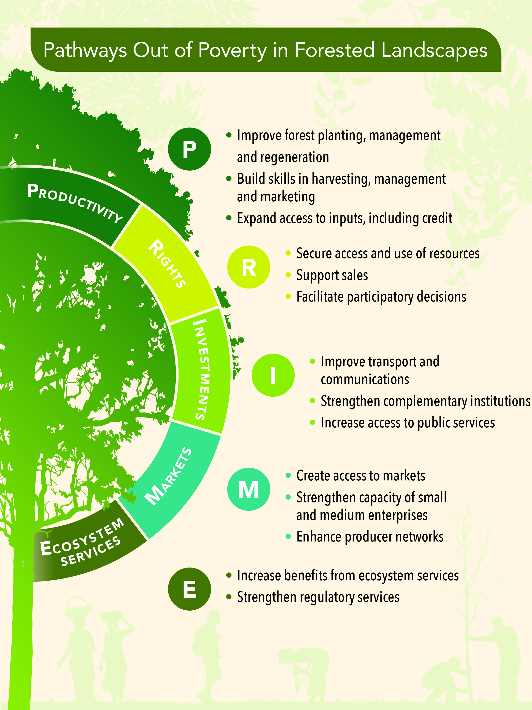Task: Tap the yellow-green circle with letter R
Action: [x=249, y=267]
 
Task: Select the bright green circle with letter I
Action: [x=273, y=375]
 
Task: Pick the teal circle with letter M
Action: [x=249, y=489]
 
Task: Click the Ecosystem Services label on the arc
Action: [x=82, y=542]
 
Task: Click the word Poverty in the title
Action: [x=232, y=50]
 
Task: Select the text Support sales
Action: [x=332, y=275]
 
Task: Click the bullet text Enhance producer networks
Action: [x=370, y=537]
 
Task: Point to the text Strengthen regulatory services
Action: [x=318, y=597]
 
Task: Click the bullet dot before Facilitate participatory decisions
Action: [x=288, y=297]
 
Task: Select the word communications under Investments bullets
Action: [x=365, y=379]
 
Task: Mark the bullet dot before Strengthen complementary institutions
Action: [x=312, y=401]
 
